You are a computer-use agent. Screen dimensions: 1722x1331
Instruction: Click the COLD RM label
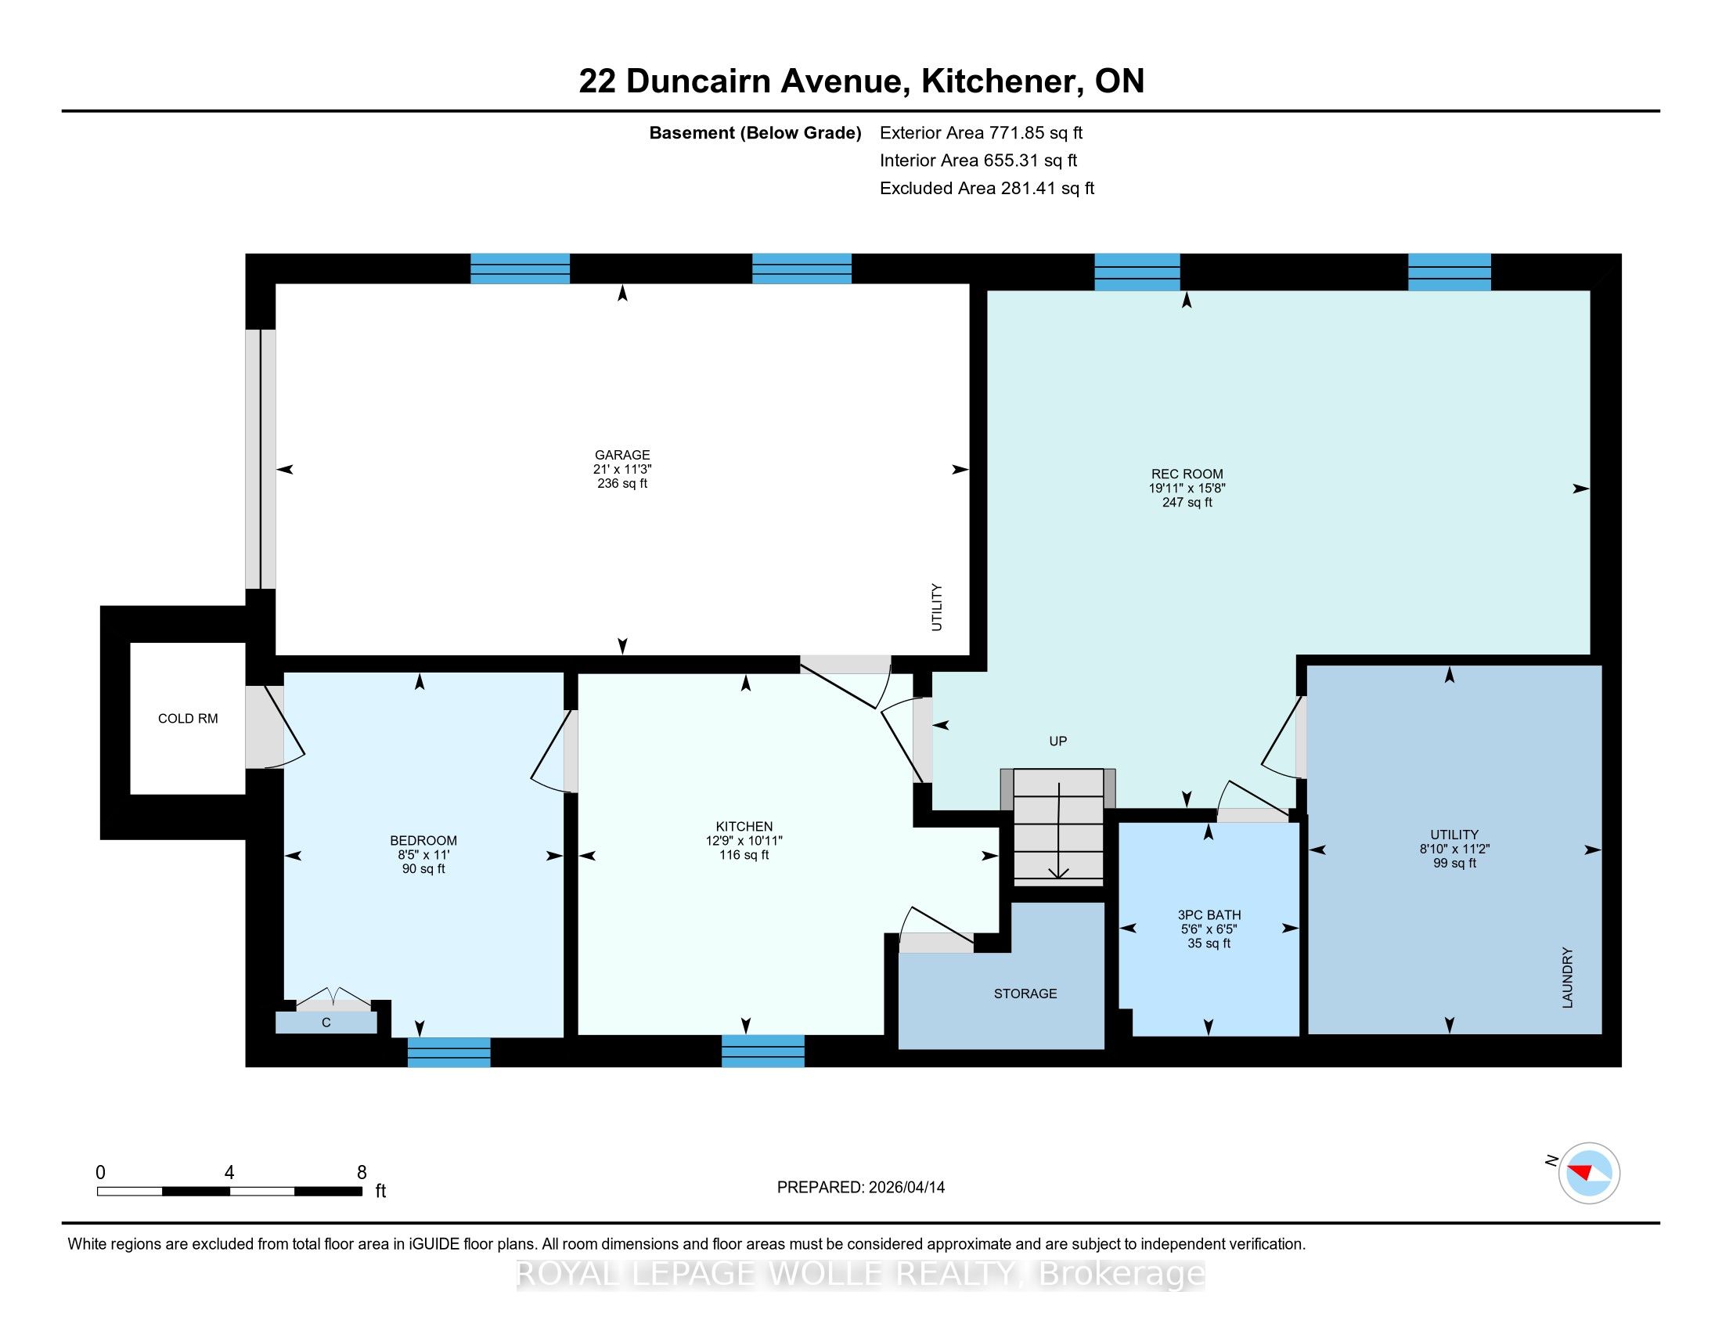coord(188,718)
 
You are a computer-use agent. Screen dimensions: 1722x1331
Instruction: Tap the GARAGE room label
coord(622,455)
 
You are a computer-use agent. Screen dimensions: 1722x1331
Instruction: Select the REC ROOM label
coord(1187,474)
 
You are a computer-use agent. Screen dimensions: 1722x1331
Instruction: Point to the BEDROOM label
coord(423,841)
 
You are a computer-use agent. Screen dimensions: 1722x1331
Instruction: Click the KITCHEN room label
coord(744,826)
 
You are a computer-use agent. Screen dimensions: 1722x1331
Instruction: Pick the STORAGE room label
coord(1025,994)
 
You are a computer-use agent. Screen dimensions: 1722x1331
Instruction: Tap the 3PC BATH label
coord(1209,915)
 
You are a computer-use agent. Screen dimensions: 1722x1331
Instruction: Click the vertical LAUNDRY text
coord(1568,978)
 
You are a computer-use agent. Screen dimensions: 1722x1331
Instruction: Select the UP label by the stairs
coord(1058,741)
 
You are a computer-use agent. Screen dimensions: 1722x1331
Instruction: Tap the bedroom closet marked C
coord(326,1023)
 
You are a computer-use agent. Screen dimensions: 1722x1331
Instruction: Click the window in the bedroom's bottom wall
coord(449,1051)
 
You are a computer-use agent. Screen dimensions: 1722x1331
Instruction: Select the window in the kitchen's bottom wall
coord(763,1051)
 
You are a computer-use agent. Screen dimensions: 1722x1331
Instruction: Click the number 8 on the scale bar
coord(362,1173)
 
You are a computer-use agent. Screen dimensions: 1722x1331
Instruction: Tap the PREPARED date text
coord(860,1187)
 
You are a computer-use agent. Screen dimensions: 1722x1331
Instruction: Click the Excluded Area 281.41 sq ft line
coord(987,189)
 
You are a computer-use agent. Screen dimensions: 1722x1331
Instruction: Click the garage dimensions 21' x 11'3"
coord(622,469)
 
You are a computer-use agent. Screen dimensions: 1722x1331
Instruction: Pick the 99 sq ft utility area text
coord(1455,864)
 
